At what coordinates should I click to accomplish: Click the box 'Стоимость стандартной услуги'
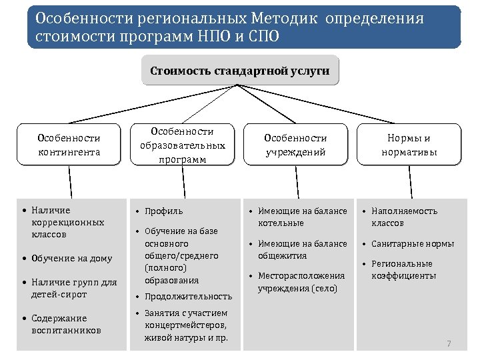(x=240, y=71)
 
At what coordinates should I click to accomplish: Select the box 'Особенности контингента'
(x=69, y=145)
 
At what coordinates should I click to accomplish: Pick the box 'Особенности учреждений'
(x=295, y=145)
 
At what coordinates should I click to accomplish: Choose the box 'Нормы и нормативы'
(x=409, y=145)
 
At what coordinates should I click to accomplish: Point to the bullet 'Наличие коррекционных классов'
(x=67, y=223)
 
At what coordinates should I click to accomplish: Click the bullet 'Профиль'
(x=163, y=211)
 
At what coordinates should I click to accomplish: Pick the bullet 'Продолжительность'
(x=188, y=297)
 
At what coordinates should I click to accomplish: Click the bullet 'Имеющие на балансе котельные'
(x=303, y=217)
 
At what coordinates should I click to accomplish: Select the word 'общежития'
(x=283, y=255)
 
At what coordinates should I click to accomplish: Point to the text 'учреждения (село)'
(x=297, y=289)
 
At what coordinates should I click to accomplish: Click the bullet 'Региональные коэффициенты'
(x=404, y=269)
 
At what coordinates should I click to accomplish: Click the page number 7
(x=449, y=344)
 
